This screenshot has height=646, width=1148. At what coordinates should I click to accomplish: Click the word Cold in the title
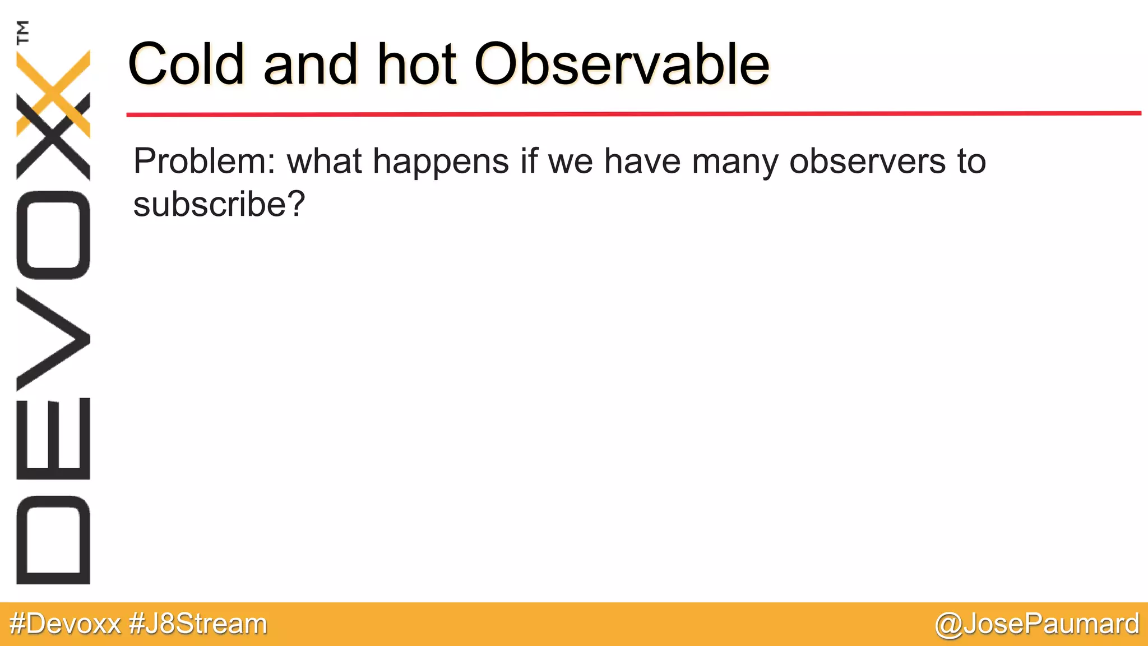(186, 64)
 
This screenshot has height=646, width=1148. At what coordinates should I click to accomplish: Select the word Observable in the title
(622, 64)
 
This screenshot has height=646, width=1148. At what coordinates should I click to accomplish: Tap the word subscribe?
(219, 204)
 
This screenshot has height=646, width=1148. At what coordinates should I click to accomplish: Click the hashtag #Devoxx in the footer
(66, 624)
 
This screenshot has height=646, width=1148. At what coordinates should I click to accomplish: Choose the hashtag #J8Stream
(198, 624)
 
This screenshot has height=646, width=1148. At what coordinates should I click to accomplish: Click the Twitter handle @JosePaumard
(1037, 624)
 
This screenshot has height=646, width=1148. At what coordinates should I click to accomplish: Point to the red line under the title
(633, 114)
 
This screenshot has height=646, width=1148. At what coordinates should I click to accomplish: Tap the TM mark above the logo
(23, 31)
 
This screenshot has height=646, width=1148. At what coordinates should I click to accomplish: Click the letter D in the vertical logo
(53, 539)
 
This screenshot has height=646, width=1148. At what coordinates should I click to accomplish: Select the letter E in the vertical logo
(53, 439)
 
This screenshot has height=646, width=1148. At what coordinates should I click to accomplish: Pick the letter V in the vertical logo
(53, 339)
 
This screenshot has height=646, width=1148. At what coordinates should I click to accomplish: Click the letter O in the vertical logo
(53, 234)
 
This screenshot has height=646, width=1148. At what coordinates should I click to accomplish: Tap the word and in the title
(310, 64)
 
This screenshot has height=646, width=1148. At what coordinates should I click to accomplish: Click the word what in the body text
(325, 161)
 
